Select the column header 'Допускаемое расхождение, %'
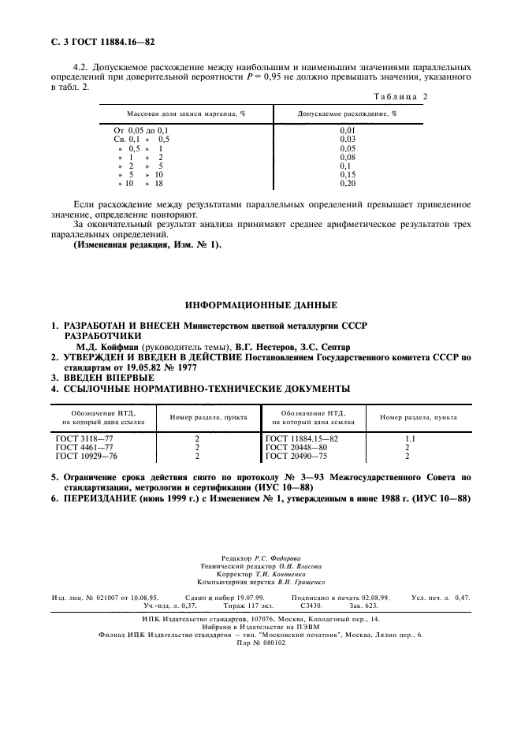pyautogui.click(x=347, y=114)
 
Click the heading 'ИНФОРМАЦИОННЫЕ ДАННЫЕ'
pyautogui.click(x=261, y=304)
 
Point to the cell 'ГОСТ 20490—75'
pyautogui.click(x=296, y=456)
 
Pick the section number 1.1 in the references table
pyautogui.click(x=410, y=438)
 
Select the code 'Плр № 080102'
pyautogui.click(x=261, y=642)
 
